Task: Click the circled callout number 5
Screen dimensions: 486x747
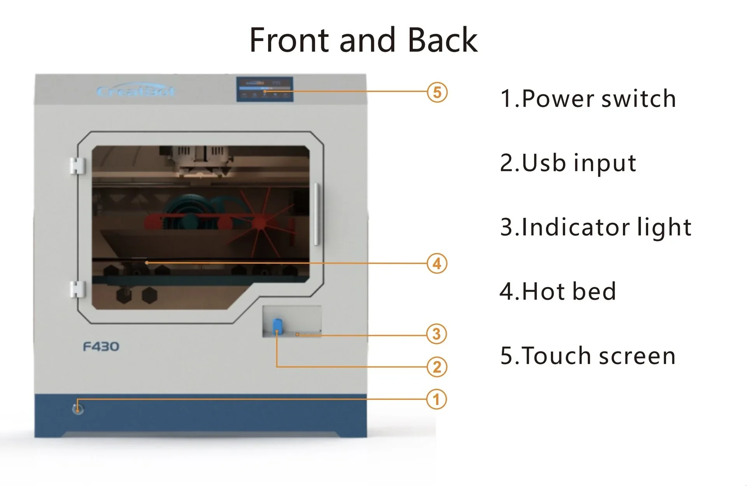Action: click(x=437, y=93)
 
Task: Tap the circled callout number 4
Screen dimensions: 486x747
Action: click(x=437, y=263)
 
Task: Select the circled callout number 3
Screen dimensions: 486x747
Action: click(x=437, y=334)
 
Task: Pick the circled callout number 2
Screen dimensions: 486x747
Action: click(x=437, y=367)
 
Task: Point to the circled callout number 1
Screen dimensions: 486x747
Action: click(x=436, y=399)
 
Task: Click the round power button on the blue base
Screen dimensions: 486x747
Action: click(x=78, y=409)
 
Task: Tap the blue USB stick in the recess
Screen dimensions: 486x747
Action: click(x=277, y=325)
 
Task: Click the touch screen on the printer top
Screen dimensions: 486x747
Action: click(x=265, y=89)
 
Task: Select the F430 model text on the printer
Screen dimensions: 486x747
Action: click(x=101, y=346)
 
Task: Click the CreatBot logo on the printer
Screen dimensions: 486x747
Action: click(x=135, y=91)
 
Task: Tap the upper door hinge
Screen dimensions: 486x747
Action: click(x=77, y=165)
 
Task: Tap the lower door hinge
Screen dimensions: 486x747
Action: click(x=77, y=289)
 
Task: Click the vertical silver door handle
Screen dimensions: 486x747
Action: click(x=317, y=214)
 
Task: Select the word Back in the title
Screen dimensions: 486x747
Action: click(x=442, y=40)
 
